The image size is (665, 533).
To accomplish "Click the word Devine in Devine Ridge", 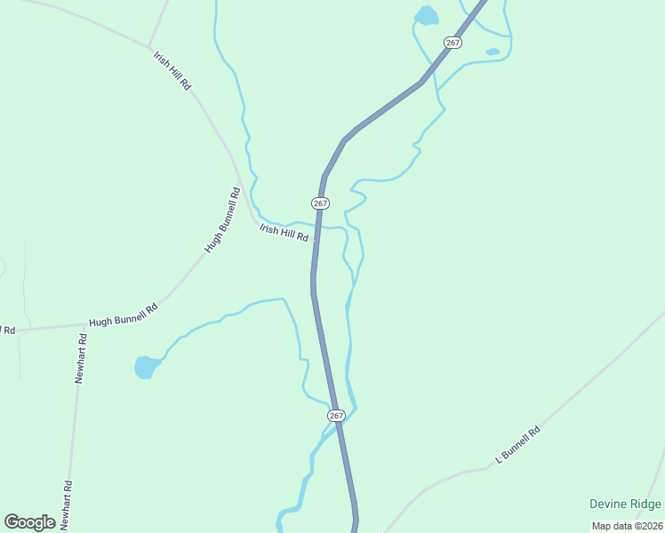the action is tap(608, 505).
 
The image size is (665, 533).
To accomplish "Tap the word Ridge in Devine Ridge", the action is tap(645, 505).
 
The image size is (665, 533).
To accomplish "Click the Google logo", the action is tap(30, 522).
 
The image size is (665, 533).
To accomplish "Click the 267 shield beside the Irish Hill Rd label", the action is tap(321, 203).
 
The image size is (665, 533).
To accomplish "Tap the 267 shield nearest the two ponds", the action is tap(453, 43).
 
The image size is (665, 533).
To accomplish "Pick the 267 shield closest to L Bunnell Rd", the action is tap(336, 416).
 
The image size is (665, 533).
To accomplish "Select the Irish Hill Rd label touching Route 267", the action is tap(284, 233).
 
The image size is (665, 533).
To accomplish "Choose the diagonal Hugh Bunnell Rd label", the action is tap(222, 219).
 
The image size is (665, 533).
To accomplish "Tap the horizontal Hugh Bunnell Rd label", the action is tap(123, 314).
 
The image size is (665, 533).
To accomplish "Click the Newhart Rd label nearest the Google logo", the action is tap(68, 504).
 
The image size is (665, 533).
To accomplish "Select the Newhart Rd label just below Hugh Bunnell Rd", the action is tap(80, 358).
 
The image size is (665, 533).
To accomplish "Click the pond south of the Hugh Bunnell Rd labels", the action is tap(145, 366).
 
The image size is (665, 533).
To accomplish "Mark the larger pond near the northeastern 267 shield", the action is tap(427, 15).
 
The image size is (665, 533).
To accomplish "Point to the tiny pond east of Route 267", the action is tap(493, 52).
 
